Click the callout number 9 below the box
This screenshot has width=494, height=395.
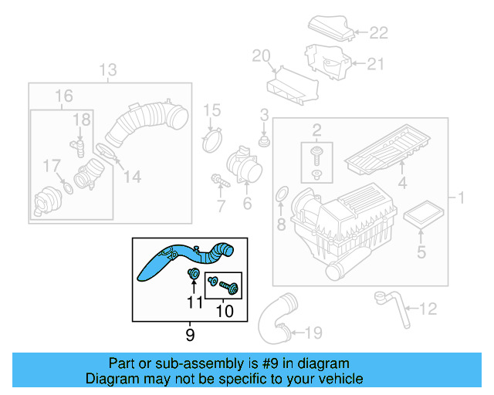pyautogui.click(x=190, y=334)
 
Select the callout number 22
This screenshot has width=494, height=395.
pyautogui.click(x=378, y=32)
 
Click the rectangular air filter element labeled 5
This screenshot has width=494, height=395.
pyautogui.click(x=421, y=216)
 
